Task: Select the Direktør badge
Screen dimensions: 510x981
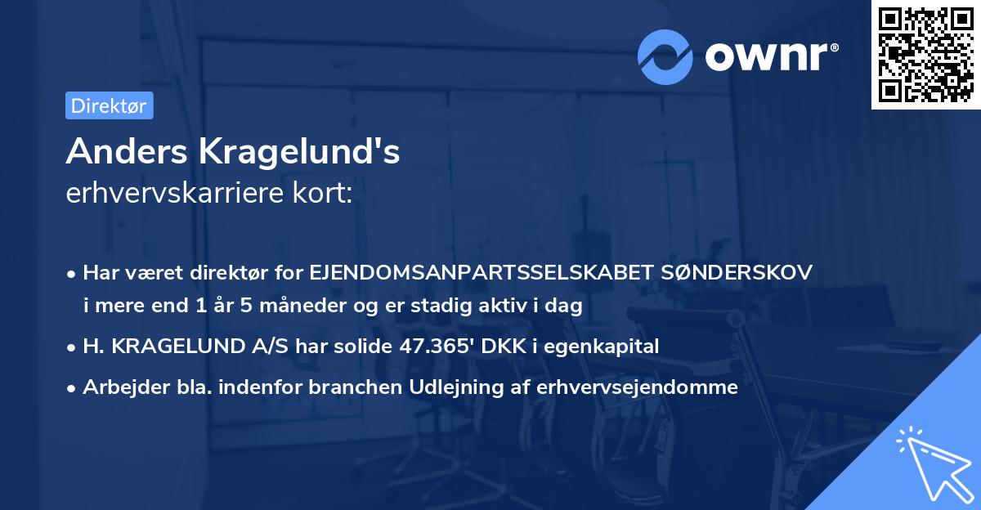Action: point(109,105)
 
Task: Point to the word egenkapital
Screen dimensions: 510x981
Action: point(609,346)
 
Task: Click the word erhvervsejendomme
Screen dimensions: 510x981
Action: point(638,387)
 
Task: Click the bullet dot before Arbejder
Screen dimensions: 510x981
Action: point(73,388)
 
